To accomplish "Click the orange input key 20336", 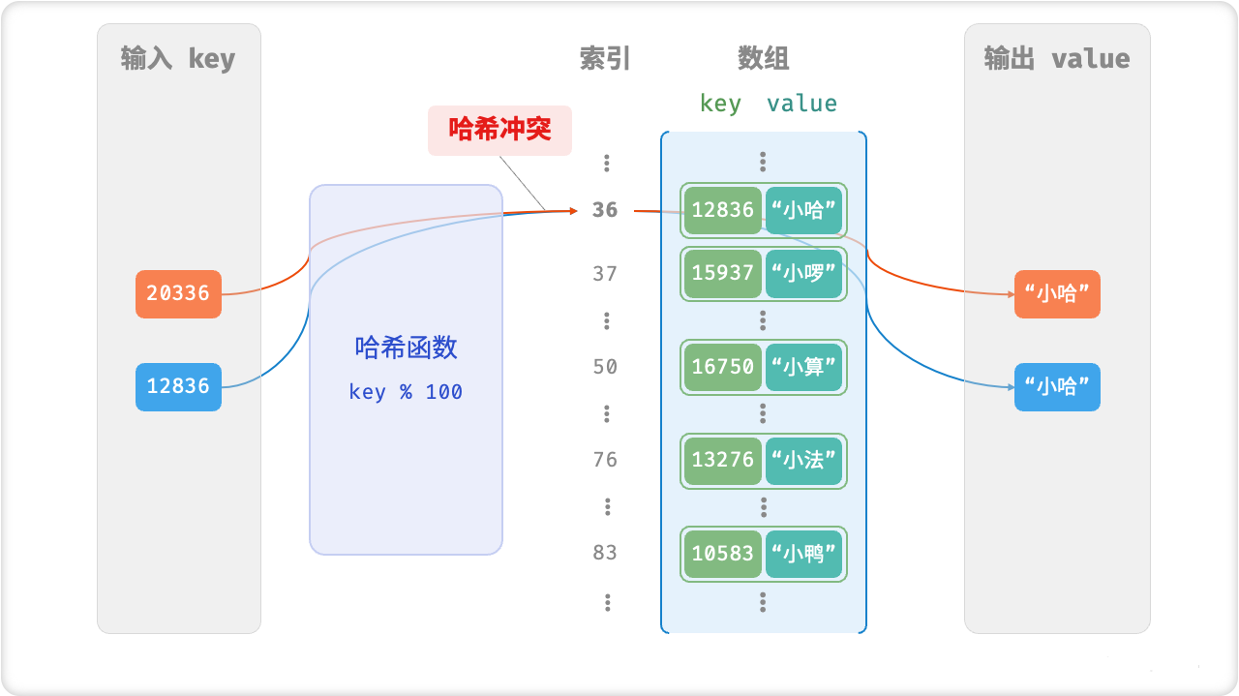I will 178,293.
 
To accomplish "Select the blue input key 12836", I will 178,386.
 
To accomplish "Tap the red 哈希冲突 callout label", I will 499,130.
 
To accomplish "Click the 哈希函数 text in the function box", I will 406,348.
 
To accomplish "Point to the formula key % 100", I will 406,392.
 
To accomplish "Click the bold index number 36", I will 605,210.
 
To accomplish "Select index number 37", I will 605,274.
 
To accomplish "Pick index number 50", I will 605,367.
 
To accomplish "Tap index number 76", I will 605,460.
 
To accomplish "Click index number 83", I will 605,553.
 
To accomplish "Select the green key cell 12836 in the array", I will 722,211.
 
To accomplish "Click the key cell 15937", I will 722,274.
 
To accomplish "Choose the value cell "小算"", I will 803,367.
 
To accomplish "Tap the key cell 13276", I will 722,460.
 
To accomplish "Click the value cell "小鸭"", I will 803,554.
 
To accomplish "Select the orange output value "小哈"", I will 1057,294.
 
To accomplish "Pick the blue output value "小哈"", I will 1057,387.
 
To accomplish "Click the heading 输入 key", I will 178,59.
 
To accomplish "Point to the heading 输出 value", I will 1057,59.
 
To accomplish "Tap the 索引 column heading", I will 605,59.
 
